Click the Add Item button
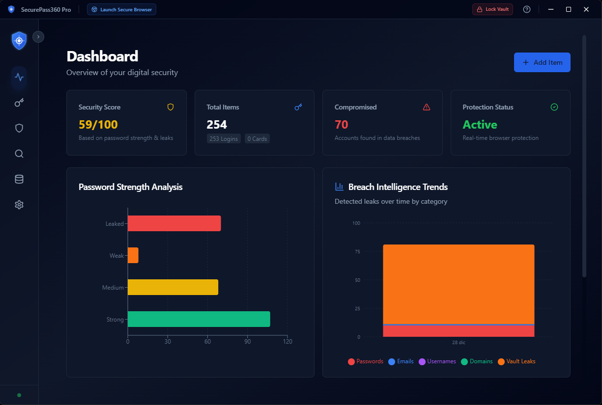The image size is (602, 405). click(542, 62)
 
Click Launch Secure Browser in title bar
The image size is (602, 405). click(121, 9)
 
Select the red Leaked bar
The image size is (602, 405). click(174, 223)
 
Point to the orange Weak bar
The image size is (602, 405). click(133, 255)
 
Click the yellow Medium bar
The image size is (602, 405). click(172, 287)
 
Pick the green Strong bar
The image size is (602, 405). click(199, 319)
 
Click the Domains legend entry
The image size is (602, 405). click(476, 361)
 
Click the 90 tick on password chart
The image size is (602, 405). click(248, 342)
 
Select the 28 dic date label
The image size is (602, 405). click(459, 343)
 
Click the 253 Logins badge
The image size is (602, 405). click(224, 139)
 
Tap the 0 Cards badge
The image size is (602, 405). click(257, 139)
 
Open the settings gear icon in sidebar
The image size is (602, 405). click(19, 205)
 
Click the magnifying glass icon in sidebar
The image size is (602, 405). click(19, 154)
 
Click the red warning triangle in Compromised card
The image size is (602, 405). click(426, 107)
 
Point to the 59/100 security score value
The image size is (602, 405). click(98, 125)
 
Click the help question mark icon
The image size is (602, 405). click(527, 9)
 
